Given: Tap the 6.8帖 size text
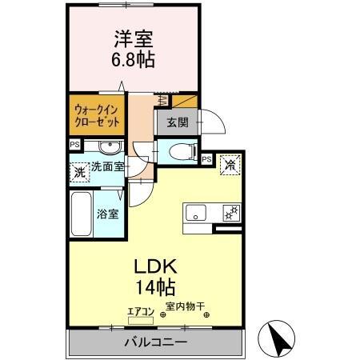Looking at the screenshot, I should tap(132, 59).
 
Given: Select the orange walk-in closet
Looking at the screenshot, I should tap(94, 114).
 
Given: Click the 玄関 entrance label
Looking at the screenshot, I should tap(178, 123).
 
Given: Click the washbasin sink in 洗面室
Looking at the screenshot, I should tap(110, 147).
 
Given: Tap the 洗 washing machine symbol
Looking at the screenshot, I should tap(80, 170).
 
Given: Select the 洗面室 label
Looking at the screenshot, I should tap(106, 167).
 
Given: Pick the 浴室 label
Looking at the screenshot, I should tap(108, 214).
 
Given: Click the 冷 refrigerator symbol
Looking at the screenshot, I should tap(230, 166).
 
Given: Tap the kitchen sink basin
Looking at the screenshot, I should tap(196, 213).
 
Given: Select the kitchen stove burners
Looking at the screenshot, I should tap(232, 213).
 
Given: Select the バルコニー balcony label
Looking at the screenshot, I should tap(155, 343).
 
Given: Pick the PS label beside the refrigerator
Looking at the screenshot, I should tap(206, 160).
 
